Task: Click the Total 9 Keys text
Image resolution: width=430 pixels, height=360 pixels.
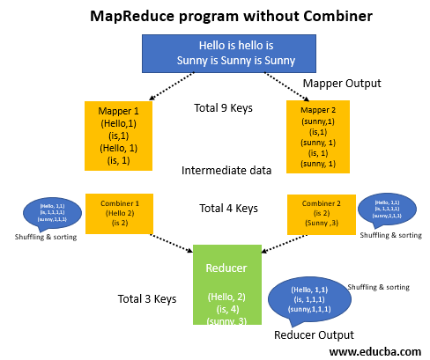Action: [222, 109]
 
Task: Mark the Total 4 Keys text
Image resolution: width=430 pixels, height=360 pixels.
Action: [228, 209]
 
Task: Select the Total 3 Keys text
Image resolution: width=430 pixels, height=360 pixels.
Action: [147, 299]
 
